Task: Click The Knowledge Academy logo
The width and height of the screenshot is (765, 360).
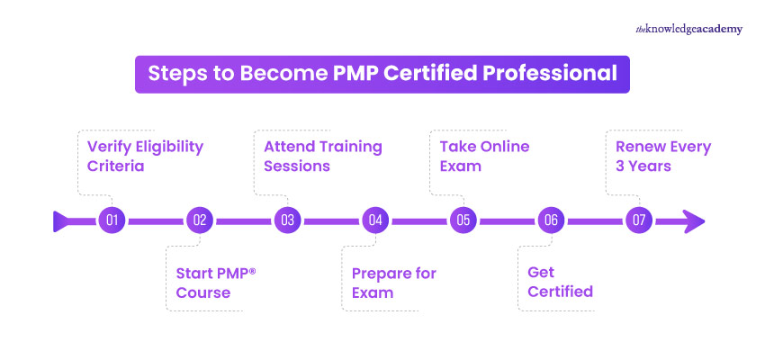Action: [x=689, y=29]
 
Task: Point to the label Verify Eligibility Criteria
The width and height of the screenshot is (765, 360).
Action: [x=145, y=156]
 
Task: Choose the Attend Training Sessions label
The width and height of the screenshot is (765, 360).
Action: [x=322, y=156]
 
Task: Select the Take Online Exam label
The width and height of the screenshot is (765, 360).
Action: [x=484, y=156]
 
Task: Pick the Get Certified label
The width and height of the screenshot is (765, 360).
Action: [x=560, y=282]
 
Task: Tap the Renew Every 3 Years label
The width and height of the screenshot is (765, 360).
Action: [x=663, y=156]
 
